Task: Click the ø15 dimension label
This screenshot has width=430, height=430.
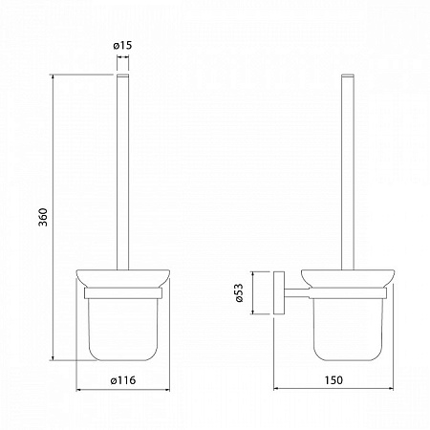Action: pos(122,45)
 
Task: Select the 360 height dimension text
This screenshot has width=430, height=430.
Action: pos(43,217)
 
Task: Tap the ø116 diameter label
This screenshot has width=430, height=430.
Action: pos(123,380)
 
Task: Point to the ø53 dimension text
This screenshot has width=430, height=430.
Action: pos(239,292)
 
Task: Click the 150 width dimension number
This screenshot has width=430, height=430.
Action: pos(333,380)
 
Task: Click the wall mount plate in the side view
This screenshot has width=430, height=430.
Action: pos(279,293)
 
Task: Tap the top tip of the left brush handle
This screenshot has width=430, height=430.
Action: pos(123,75)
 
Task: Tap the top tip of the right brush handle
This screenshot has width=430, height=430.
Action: pos(348,75)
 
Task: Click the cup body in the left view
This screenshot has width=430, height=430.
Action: pos(123,330)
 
